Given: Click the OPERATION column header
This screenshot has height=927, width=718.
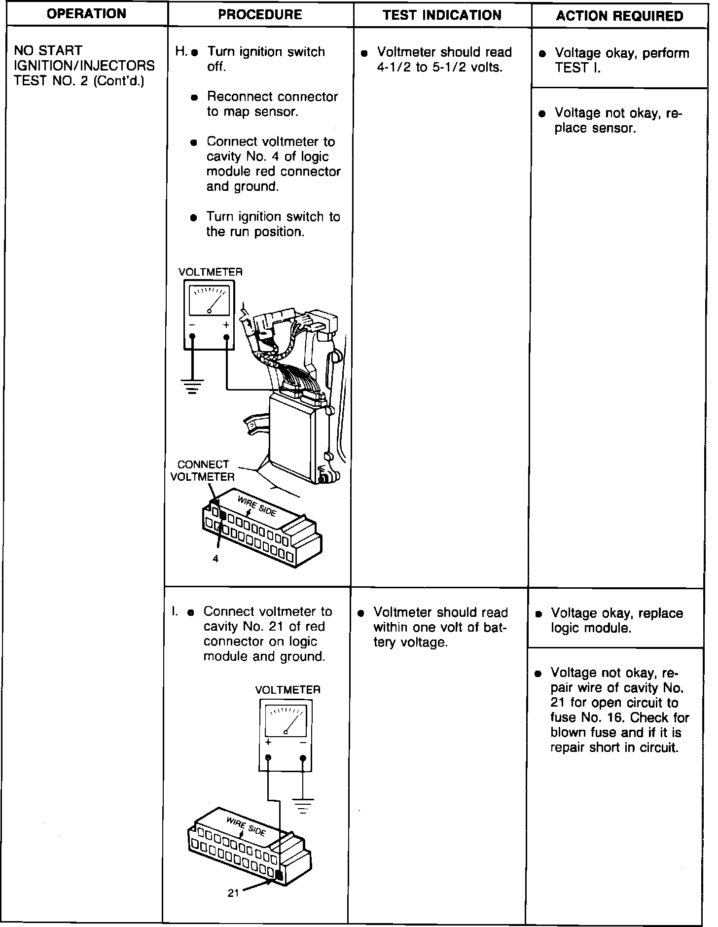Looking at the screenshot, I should [86, 14].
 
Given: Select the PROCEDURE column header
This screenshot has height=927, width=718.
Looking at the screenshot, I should [260, 14].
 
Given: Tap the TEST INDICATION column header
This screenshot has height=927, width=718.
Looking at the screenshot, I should [442, 15].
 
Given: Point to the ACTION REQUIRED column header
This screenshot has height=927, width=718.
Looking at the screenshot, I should [619, 16].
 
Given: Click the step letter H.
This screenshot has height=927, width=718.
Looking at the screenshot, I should [180, 52].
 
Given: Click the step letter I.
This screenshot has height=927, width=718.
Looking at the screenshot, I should [174, 611].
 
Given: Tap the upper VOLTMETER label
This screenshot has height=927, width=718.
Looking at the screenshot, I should [211, 272].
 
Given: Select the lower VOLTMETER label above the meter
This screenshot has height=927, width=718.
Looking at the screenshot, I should [287, 690].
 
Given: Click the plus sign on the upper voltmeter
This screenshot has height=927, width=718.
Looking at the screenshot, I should [226, 325].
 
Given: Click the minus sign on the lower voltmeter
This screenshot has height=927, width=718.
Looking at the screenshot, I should [303, 743].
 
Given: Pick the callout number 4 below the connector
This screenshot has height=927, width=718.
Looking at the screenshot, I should [215, 559].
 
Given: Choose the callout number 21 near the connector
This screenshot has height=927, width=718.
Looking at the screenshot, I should [233, 892].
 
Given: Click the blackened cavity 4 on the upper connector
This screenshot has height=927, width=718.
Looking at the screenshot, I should [223, 516].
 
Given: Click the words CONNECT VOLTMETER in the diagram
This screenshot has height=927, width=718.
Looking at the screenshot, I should [203, 471].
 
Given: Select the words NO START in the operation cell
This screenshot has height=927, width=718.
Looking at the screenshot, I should [48, 51].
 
